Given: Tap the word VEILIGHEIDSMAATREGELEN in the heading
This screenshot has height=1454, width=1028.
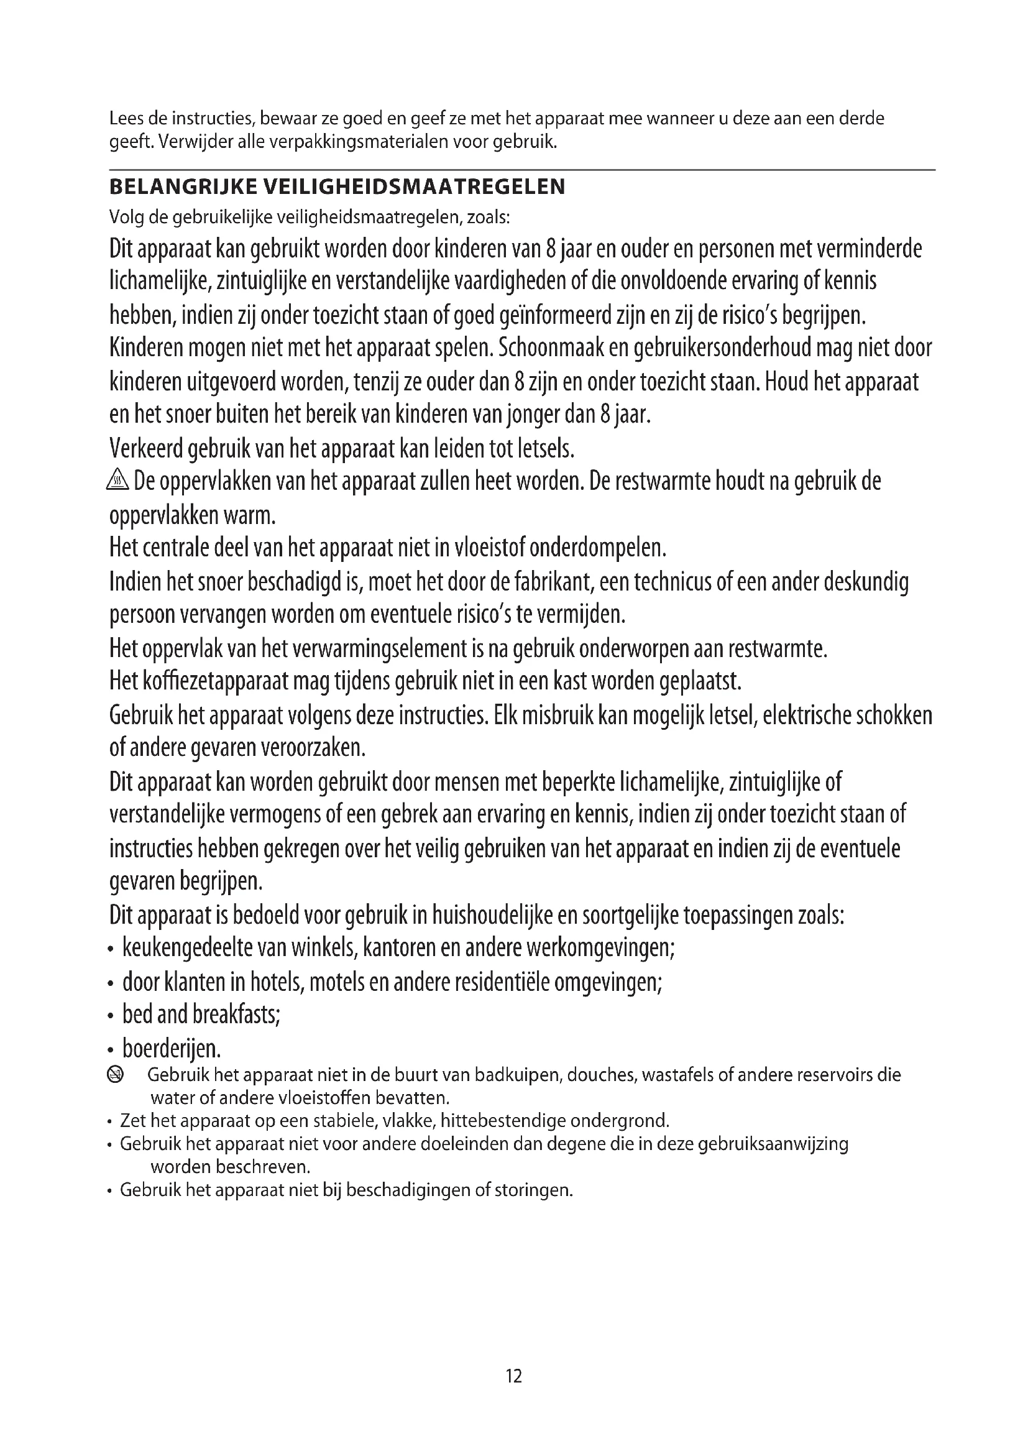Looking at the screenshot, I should tap(413, 188).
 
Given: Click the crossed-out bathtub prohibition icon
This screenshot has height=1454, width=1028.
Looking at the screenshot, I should tap(116, 1075).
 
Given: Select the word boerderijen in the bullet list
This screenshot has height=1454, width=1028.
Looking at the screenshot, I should tap(171, 1049).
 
